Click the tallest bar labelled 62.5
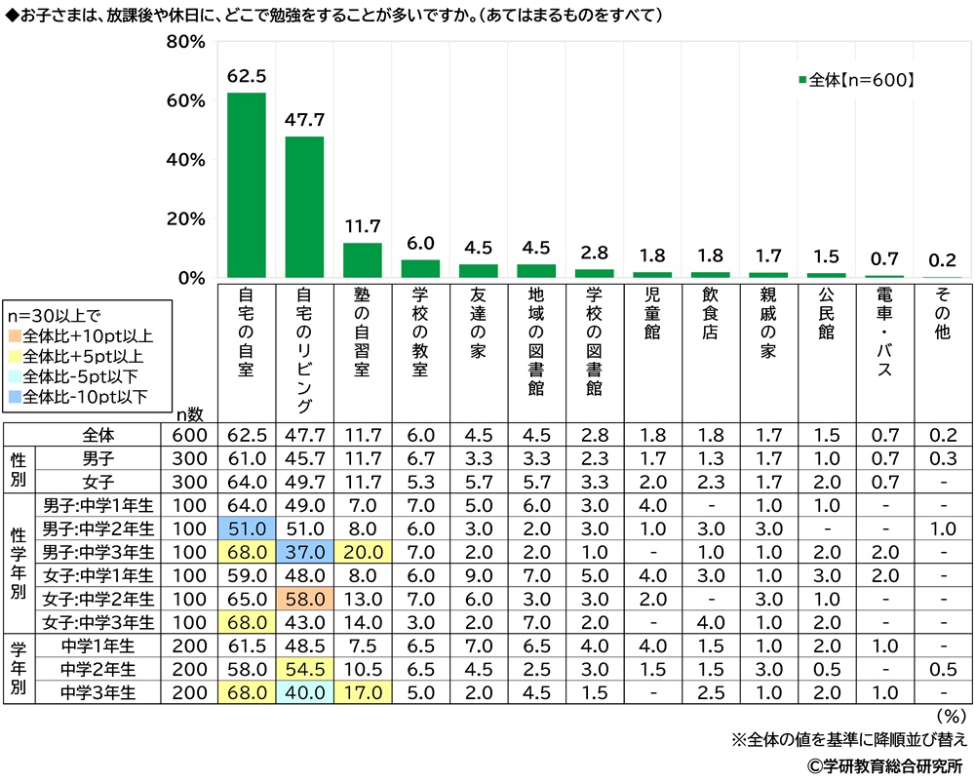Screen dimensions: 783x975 (x=247, y=185)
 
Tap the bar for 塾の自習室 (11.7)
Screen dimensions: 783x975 (x=363, y=260)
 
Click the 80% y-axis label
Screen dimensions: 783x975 (x=184, y=43)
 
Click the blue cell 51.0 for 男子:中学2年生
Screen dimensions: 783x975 (x=247, y=528)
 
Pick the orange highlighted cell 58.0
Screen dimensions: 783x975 (x=304, y=594)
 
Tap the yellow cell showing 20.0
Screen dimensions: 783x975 (x=363, y=550)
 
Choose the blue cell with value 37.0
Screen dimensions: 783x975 (x=304, y=550)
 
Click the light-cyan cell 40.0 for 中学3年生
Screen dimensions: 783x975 (x=304, y=691)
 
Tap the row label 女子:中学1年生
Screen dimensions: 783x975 (x=98, y=572)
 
